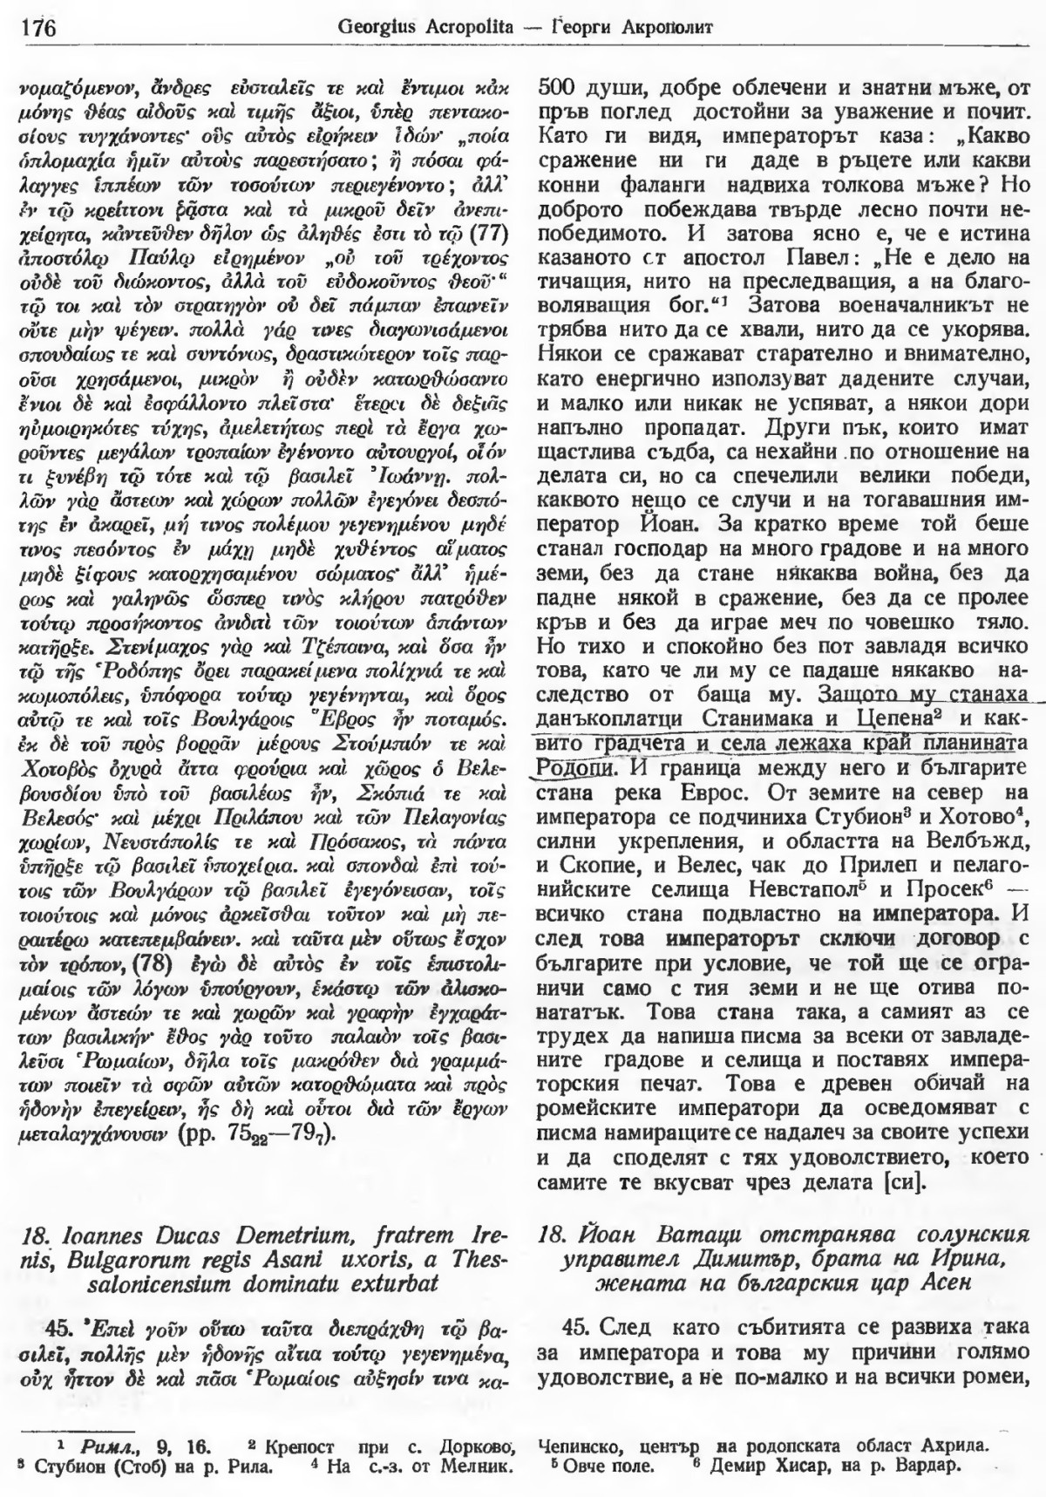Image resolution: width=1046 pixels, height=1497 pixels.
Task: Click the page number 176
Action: tap(36, 28)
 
